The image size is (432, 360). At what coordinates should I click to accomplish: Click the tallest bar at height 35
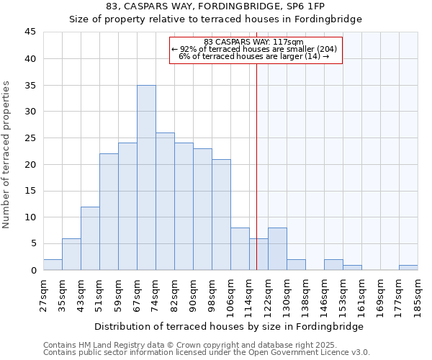(146, 178)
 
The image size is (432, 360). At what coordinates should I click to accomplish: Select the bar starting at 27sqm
(53, 264)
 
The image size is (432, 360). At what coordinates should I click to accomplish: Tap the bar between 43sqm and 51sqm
(90, 238)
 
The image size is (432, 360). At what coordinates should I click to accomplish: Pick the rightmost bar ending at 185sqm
(408, 267)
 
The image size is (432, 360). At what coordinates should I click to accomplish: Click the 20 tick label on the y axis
(30, 164)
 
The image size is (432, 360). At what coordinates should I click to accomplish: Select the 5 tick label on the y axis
(33, 243)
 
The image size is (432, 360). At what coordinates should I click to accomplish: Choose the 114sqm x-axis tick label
(249, 294)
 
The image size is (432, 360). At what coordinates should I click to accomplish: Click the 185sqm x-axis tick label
(418, 294)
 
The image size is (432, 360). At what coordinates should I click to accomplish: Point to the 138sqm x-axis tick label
(305, 294)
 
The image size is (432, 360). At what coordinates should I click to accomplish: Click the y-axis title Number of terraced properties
(6, 154)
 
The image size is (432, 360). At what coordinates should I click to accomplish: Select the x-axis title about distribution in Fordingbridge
(229, 326)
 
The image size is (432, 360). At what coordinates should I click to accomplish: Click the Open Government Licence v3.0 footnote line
(207, 353)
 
